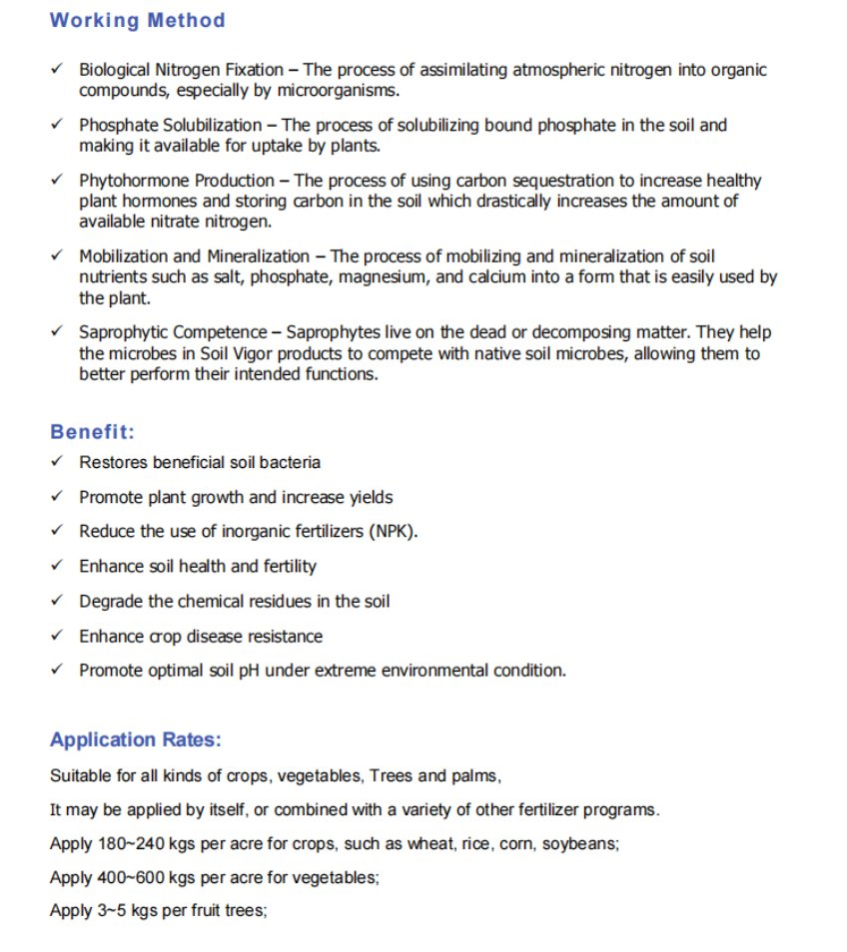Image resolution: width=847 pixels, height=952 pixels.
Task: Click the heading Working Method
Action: (x=137, y=20)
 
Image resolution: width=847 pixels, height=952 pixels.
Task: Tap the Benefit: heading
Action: (x=92, y=432)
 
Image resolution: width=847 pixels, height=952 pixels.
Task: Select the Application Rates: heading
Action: (x=135, y=739)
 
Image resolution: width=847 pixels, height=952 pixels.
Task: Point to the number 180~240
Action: (x=138, y=843)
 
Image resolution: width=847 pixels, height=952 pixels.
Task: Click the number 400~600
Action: (x=138, y=878)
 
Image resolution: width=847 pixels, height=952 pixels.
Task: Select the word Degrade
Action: (x=111, y=601)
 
